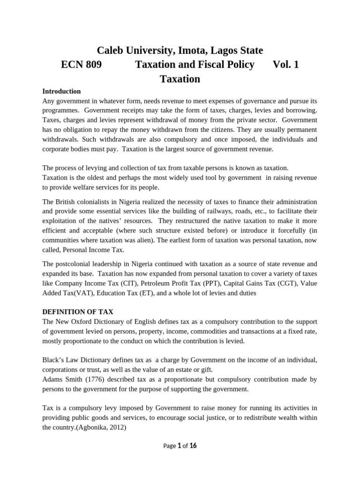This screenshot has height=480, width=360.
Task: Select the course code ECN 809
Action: pos(81,65)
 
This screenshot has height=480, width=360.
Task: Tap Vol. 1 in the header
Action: pos(285,65)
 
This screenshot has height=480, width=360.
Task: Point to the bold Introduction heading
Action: pos(61,91)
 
